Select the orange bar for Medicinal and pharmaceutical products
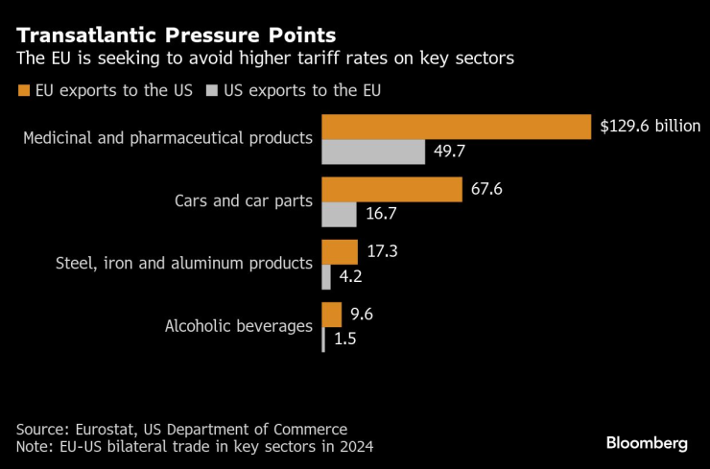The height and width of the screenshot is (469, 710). [456, 127]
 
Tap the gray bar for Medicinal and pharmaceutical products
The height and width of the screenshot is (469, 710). [373, 152]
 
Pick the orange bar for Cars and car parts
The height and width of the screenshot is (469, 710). [391, 190]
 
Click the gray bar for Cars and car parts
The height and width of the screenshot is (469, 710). [339, 215]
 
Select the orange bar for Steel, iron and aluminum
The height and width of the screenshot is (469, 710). [339, 252]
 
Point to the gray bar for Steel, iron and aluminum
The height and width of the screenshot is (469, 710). [326, 277]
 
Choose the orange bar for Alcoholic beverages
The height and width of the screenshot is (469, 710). [331, 315]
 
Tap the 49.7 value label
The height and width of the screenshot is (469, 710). [452, 152]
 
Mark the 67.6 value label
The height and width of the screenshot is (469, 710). [487, 189]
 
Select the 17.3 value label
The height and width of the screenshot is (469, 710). [382, 252]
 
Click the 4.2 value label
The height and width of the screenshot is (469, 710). [351, 278]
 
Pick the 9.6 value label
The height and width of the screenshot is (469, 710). [363, 315]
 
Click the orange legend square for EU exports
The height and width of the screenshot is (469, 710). [24, 91]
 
